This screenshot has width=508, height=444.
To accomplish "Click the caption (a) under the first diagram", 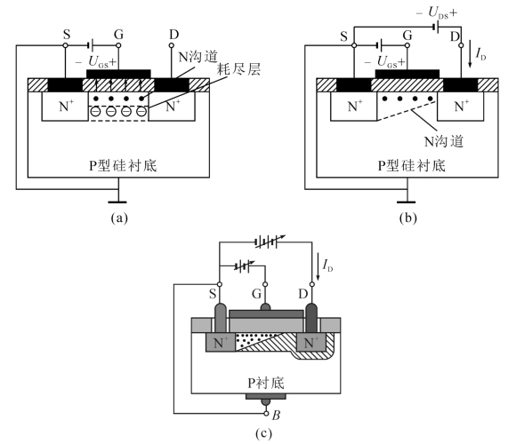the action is (x=119, y=218).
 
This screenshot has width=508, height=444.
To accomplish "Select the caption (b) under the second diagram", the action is (x=407, y=218).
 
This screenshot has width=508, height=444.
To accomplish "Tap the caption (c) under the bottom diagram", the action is (x=263, y=433).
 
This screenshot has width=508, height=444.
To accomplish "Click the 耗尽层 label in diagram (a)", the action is (x=238, y=69).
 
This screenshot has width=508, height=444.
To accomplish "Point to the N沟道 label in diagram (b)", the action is (x=444, y=141).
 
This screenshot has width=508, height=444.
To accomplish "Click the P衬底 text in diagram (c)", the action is (x=266, y=383).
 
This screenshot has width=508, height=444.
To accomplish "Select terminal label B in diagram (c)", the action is (x=276, y=415).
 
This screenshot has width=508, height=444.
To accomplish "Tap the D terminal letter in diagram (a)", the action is (x=174, y=35).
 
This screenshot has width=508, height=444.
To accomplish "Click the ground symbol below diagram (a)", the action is (x=117, y=202).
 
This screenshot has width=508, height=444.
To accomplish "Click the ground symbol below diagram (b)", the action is (x=406, y=202).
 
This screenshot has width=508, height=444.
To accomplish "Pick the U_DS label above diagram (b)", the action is (x=437, y=13).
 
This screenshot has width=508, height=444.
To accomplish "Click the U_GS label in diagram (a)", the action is (x=96, y=61).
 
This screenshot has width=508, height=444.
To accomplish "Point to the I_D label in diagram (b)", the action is (x=480, y=54).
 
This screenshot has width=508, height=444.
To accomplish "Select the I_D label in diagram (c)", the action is (x=327, y=266).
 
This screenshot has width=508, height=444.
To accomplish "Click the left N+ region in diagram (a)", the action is (x=65, y=106).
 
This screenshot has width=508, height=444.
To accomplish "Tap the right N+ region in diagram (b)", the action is (x=460, y=106).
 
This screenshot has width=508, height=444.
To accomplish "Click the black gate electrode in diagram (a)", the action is (x=118, y=74).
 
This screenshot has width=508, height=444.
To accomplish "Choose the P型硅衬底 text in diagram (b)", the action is (x=412, y=165).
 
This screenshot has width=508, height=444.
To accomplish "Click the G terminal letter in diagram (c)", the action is (x=256, y=294).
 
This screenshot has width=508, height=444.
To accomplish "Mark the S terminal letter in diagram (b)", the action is (x=344, y=36).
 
